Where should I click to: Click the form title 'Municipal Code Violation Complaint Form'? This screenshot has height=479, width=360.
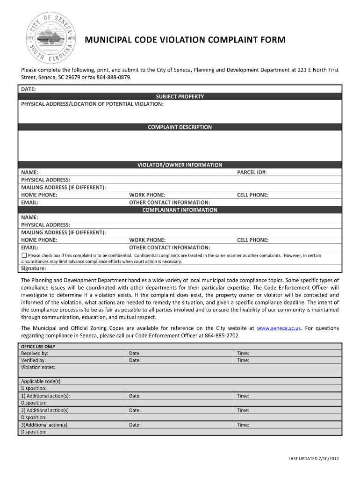point(185,40)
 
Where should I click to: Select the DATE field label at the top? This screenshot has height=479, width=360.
point(29,89)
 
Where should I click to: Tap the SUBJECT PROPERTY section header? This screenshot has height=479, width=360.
point(180,96)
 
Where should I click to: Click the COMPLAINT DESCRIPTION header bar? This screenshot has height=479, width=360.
point(180,127)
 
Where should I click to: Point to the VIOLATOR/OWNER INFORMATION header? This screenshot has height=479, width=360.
point(180,165)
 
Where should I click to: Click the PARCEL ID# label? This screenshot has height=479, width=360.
point(252,173)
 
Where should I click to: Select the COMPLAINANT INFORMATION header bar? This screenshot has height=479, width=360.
point(180,210)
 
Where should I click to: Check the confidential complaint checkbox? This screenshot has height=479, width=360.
point(24,255)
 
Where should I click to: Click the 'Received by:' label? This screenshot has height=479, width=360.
point(35,354)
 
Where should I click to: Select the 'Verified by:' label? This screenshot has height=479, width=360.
point(33,361)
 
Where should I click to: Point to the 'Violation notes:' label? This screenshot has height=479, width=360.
point(38,368)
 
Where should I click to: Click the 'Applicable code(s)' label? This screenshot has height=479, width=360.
point(41,381)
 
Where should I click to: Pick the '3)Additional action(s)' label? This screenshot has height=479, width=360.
point(44,425)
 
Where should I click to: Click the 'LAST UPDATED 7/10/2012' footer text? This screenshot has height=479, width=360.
point(313,458)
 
